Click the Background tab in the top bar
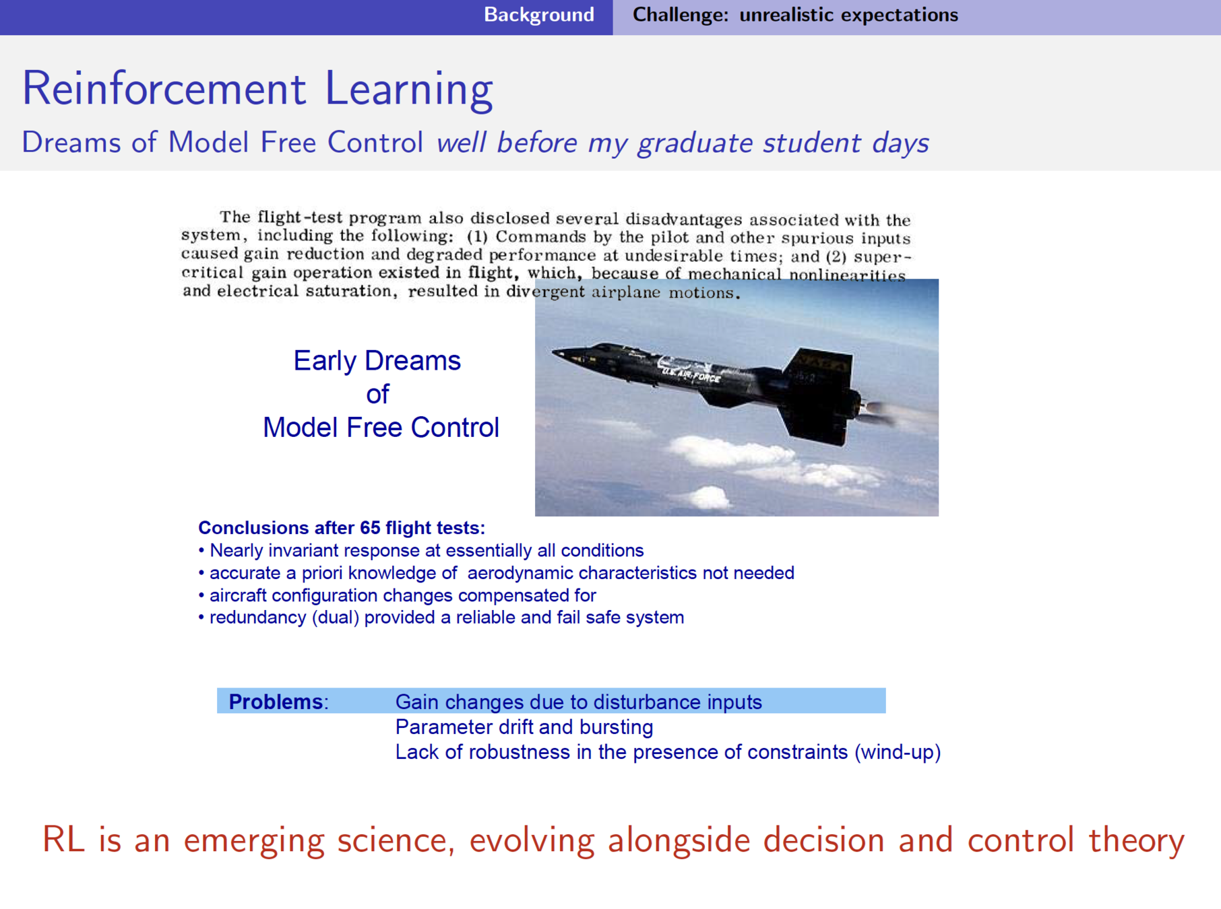click(538, 15)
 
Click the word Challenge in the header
click(680, 15)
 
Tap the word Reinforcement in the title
click(164, 88)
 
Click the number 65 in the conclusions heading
click(370, 528)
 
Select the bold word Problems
click(275, 702)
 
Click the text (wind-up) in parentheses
click(898, 752)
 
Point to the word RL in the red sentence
click(63, 840)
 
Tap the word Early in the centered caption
click(325, 362)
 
